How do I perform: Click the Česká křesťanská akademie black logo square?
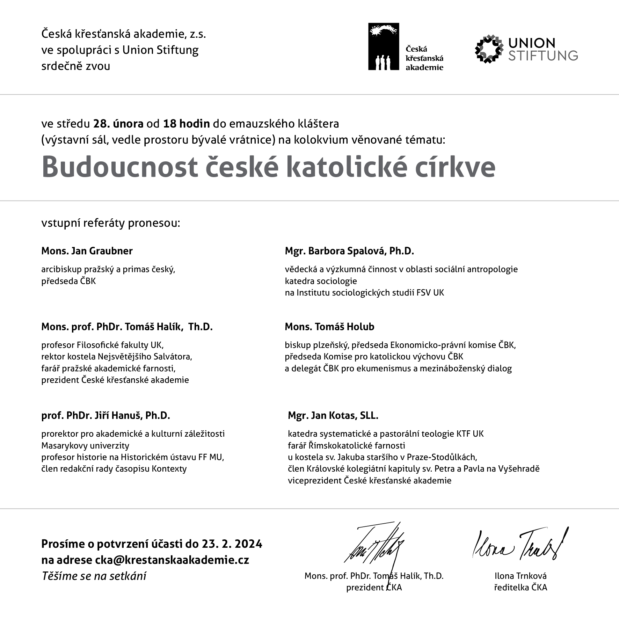coord(383,46)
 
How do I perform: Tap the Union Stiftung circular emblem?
coord(489,49)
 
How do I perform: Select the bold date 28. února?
coord(118,124)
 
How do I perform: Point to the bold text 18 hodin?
coord(187,124)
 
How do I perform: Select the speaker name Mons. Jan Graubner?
coord(87,251)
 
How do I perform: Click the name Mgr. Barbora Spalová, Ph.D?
coord(349,251)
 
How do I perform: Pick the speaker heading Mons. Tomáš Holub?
coord(329,327)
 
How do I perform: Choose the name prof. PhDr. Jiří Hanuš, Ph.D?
coord(105,415)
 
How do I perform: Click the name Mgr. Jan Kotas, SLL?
coord(333,415)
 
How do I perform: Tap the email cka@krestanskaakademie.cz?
coord(172,560)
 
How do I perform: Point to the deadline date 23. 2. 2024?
coord(232,544)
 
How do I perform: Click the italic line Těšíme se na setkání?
coord(94,576)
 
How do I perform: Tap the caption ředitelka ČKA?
coord(520,588)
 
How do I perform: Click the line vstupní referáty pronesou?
coord(111,223)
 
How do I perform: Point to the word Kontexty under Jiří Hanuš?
coord(169,468)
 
